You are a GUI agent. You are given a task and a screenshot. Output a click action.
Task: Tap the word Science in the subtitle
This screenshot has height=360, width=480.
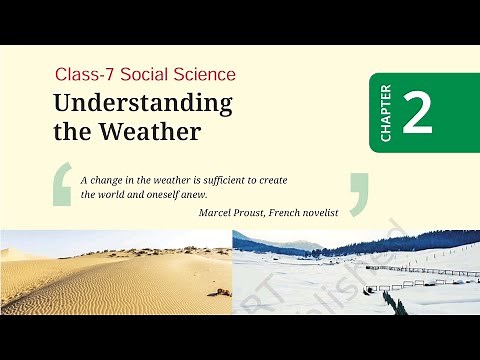tap(207, 75)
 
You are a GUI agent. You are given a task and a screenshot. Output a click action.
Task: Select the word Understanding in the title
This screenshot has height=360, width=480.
tap(142, 103)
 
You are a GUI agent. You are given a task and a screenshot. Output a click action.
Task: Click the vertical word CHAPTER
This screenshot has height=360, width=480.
tap(385, 112)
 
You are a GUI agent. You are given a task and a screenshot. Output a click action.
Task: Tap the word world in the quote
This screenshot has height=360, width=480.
tap(114, 195)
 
